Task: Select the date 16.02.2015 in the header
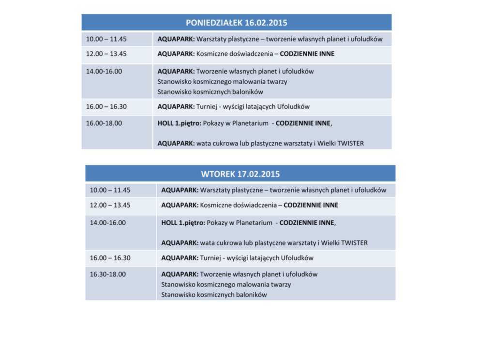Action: click(x=266, y=23)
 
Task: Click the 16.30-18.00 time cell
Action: click(x=107, y=274)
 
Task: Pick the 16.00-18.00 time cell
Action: click(x=104, y=123)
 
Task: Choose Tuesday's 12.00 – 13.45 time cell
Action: click(x=110, y=205)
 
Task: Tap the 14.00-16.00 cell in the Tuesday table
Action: click(x=107, y=223)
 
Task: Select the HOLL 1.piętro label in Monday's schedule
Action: click(x=179, y=123)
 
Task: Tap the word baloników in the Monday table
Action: click(x=247, y=91)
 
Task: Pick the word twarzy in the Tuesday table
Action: click(x=281, y=285)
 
